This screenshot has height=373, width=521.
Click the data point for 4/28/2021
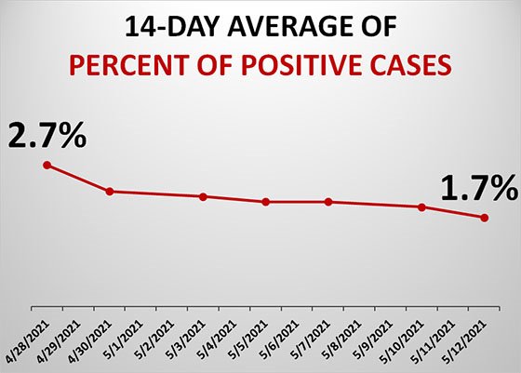pos(47,166)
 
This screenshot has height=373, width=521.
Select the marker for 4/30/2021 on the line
pos(110,192)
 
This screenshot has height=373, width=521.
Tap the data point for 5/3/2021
pos(203,196)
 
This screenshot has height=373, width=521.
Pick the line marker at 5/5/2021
pos(266,202)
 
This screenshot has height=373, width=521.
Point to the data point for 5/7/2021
pos(328,202)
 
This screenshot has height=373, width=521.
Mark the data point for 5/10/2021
pos(422,207)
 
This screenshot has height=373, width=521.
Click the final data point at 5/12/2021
pos(484,218)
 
